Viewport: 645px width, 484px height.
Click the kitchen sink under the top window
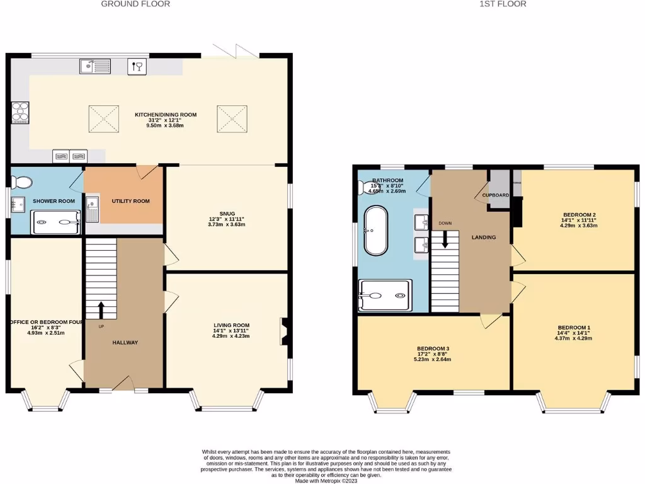point(95,65)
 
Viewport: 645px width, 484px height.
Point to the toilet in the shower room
point(23,183)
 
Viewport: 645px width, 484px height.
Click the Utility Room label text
point(130,201)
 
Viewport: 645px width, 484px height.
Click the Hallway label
point(125,342)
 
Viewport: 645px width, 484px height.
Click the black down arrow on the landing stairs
point(445,239)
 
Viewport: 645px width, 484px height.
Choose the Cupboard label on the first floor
point(496,195)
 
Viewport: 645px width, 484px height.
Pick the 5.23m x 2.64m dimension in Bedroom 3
point(433,360)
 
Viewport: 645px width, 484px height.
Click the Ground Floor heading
point(135,4)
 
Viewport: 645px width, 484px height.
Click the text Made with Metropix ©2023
point(322,480)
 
